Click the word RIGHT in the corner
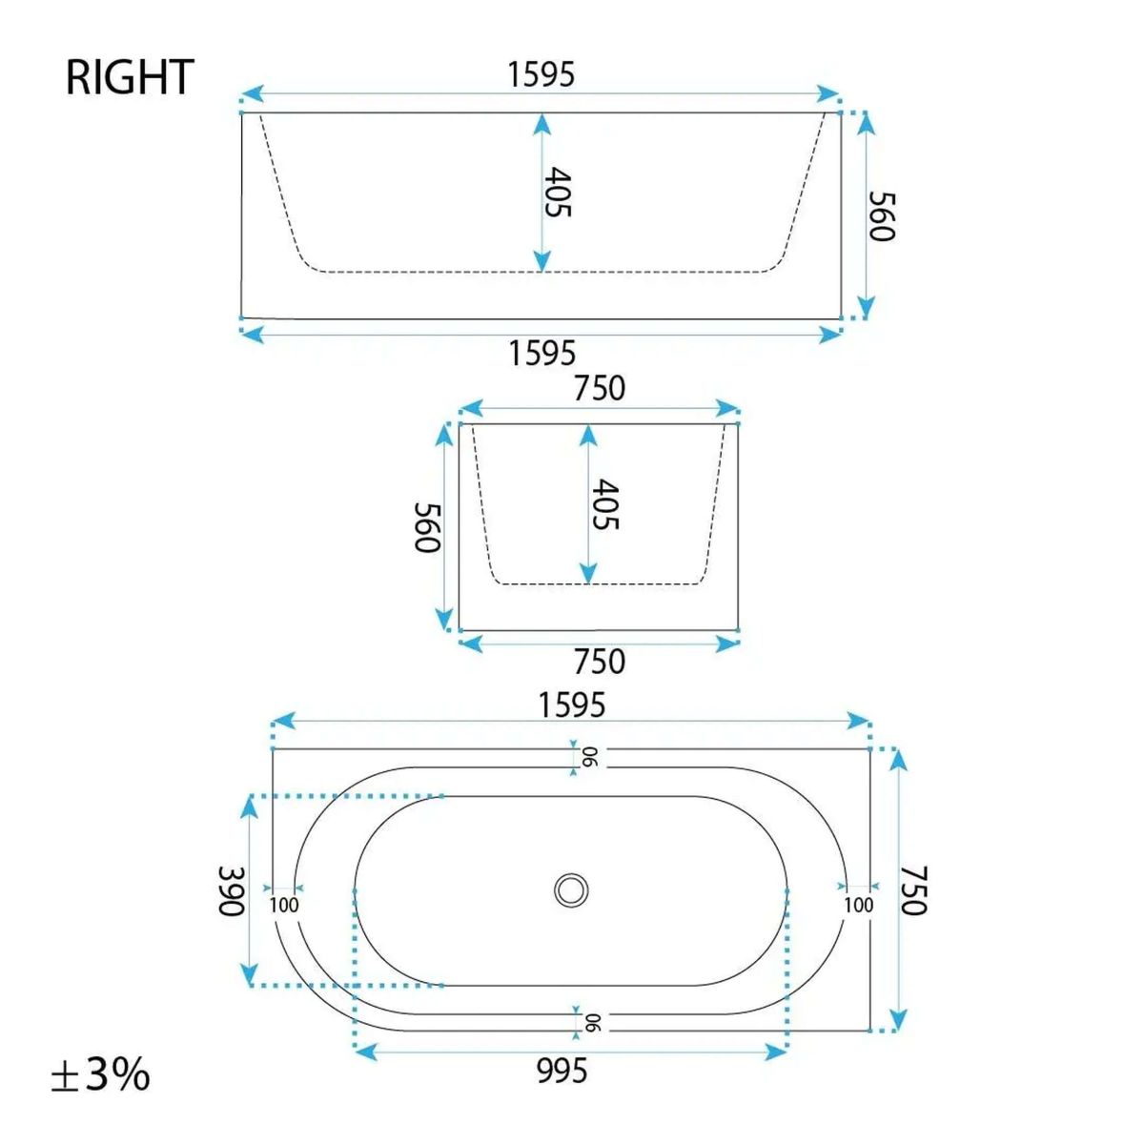(130, 77)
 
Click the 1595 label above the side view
(541, 74)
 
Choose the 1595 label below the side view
(542, 354)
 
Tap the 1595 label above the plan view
(571, 705)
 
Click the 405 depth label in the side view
(558, 193)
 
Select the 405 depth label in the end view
(606, 504)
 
